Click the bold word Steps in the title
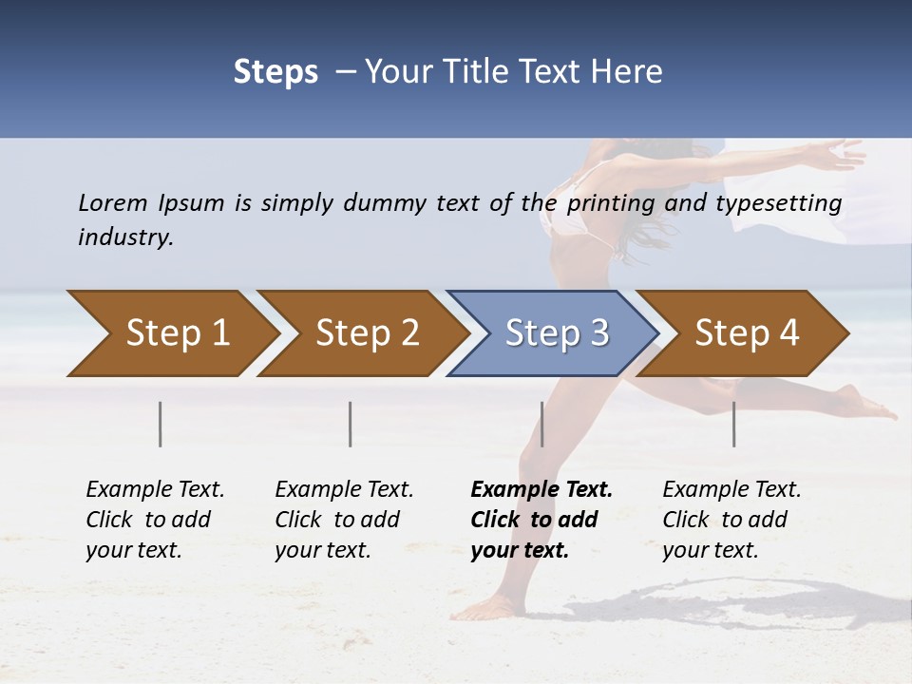click(x=275, y=71)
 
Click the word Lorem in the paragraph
click(x=113, y=202)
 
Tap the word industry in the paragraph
click(x=125, y=237)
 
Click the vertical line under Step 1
click(x=161, y=424)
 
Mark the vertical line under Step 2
click(x=351, y=424)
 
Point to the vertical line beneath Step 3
click(x=542, y=424)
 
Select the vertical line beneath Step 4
click(x=734, y=424)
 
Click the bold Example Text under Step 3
click(x=541, y=490)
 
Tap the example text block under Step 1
click(x=155, y=520)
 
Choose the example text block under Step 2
click(x=344, y=520)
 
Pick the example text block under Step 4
click(x=731, y=520)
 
